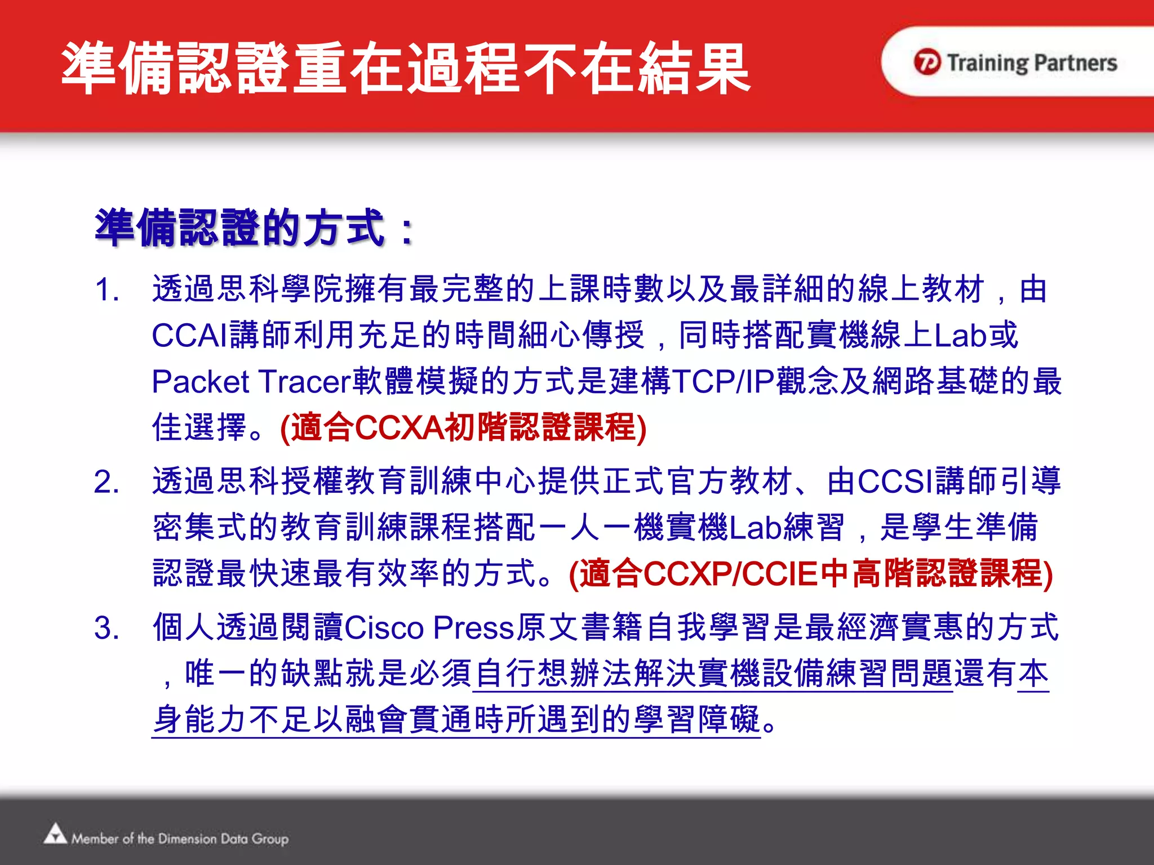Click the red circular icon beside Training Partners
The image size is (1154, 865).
(x=927, y=62)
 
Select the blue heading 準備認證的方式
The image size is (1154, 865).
(x=239, y=228)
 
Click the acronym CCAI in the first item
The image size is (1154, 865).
(x=189, y=336)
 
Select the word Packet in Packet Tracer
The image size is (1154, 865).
(x=200, y=382)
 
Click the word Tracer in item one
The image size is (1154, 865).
(x=305, y=382)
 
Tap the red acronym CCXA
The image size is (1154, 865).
(x=400, y=427)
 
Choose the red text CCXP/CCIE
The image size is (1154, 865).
(x=730, y=574)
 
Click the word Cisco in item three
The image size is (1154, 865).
(x=384, y=628)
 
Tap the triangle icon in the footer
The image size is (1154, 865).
(x=55, y=834)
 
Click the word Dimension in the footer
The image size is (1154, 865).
(x=187, y=839)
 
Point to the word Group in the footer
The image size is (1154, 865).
(x=270, y=839)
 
